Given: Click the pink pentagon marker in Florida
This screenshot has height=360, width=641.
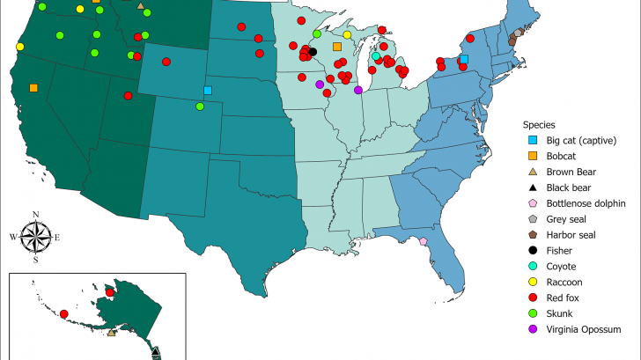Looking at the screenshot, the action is pyautogui.click(x=424, y=241).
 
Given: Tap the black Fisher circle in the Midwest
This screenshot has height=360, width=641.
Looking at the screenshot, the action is pyautogui.click(x=313, y=52).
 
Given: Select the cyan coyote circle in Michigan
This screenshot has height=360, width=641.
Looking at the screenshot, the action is pyautogui.click(x=376, y=56).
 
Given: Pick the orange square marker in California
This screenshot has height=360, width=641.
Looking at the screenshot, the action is pyautogui.click(x=33, y=87).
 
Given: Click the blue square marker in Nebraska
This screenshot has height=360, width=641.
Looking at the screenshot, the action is pyautogui.click(x=208, y=90).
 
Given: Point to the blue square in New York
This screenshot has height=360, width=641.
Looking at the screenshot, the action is pyautogui.click(x=464, y=59).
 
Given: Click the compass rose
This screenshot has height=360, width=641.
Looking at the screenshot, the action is pyautogui.click(x=35, y=236).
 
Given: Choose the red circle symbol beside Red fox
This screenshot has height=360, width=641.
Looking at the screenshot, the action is pyautogui.click(x=533, y=298).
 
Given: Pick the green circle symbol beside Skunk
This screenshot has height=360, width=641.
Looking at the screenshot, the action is pyautogui.click(x=533, y=313).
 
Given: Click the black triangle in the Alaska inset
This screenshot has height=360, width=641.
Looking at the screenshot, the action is pyautogui.click(x=155, y=352).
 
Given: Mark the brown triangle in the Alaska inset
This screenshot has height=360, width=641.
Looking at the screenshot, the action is pyautogui.click(x=111, y=333).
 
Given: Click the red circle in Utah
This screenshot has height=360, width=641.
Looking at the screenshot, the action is pyautogui.click(x=129, y=95).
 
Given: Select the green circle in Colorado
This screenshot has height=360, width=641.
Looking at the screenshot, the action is pyautogui.click(x=200, y=106).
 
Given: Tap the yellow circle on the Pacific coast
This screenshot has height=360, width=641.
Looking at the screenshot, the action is pyautogui.click(x=19, y=46).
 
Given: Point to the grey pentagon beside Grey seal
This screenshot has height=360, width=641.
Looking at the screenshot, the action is pyautogui.click(x=533, y=219).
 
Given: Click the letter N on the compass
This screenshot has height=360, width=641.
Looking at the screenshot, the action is pyautogui.click(x=35, y=214).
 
